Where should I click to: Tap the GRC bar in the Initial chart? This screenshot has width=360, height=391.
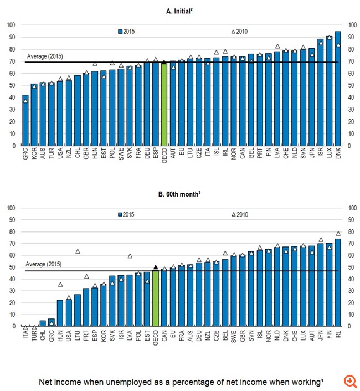(25, 120)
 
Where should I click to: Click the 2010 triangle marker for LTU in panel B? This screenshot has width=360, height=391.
(78, 251)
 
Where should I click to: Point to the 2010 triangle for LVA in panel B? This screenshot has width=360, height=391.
(130, 256)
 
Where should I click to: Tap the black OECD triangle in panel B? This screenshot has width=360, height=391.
(156, 267)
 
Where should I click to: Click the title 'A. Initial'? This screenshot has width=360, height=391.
(181, 12)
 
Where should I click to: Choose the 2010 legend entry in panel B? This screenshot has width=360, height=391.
(240, 214)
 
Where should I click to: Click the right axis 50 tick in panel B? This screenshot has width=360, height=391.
(350, 267)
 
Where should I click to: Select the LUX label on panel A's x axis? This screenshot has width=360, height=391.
(329, 155)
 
